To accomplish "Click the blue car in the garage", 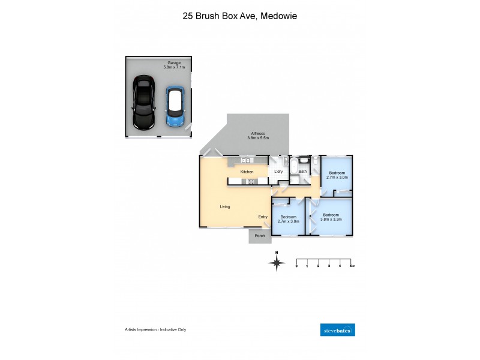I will coord(175,106).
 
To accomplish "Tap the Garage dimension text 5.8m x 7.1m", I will coord(175,67).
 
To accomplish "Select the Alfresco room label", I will coord(258,134).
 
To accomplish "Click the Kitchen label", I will coord(247,172).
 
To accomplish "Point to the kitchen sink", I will coord(245,161).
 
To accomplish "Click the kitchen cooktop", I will coord(247,182).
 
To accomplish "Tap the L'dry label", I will coord(278,172).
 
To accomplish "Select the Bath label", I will coord(302,172).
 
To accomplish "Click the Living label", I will coord(225,206).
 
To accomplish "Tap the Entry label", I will coord(263,217).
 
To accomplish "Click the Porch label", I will coord(260,236).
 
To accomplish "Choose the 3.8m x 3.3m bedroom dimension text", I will coord(331,220).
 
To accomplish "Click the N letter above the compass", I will coord(277,253).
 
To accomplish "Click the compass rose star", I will coord(277,263).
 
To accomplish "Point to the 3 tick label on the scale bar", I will coord(329,265).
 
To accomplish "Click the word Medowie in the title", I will coord(278,16).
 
